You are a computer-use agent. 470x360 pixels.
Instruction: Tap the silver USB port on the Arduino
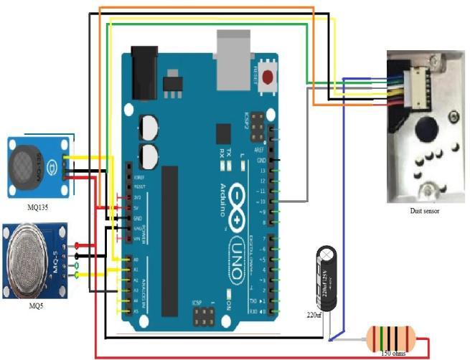pos(232,59)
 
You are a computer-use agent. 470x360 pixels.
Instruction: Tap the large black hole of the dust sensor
pos(427,131)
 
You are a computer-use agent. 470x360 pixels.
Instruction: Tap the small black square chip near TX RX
pos(222,134)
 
